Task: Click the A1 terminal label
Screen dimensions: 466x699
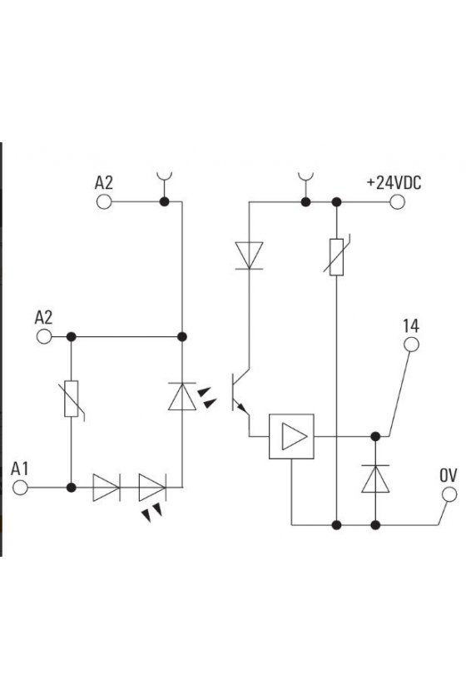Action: [20, 469]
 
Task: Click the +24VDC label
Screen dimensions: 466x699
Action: [394, 183]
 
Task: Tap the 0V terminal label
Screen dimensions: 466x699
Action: [449, 476]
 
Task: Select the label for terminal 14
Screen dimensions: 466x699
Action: [411, 326]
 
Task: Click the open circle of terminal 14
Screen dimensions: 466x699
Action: [411, 345]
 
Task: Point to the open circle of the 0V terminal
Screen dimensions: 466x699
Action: [449, 494]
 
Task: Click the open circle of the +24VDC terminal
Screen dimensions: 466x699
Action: [397, 202]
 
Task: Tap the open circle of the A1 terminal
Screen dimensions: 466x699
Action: [20, 488]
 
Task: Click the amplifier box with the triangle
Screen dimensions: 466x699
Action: [291, 436]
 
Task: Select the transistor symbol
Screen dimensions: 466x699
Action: [240, 392]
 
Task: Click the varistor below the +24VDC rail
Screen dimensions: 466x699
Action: [337, 257]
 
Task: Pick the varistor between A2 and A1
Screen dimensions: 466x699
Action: [72, 399]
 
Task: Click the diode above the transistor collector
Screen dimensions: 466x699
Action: [249, 255]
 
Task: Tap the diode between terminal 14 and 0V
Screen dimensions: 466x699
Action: [375, 478]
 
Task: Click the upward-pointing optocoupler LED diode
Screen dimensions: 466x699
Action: [182, 396]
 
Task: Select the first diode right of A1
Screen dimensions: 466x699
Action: [107, 488]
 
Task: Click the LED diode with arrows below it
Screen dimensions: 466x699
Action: [152, 488]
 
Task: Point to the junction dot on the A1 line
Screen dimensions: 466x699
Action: [72, 488]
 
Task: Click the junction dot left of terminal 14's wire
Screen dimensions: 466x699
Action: [375, 436]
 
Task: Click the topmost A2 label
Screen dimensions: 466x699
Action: [104, 183]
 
